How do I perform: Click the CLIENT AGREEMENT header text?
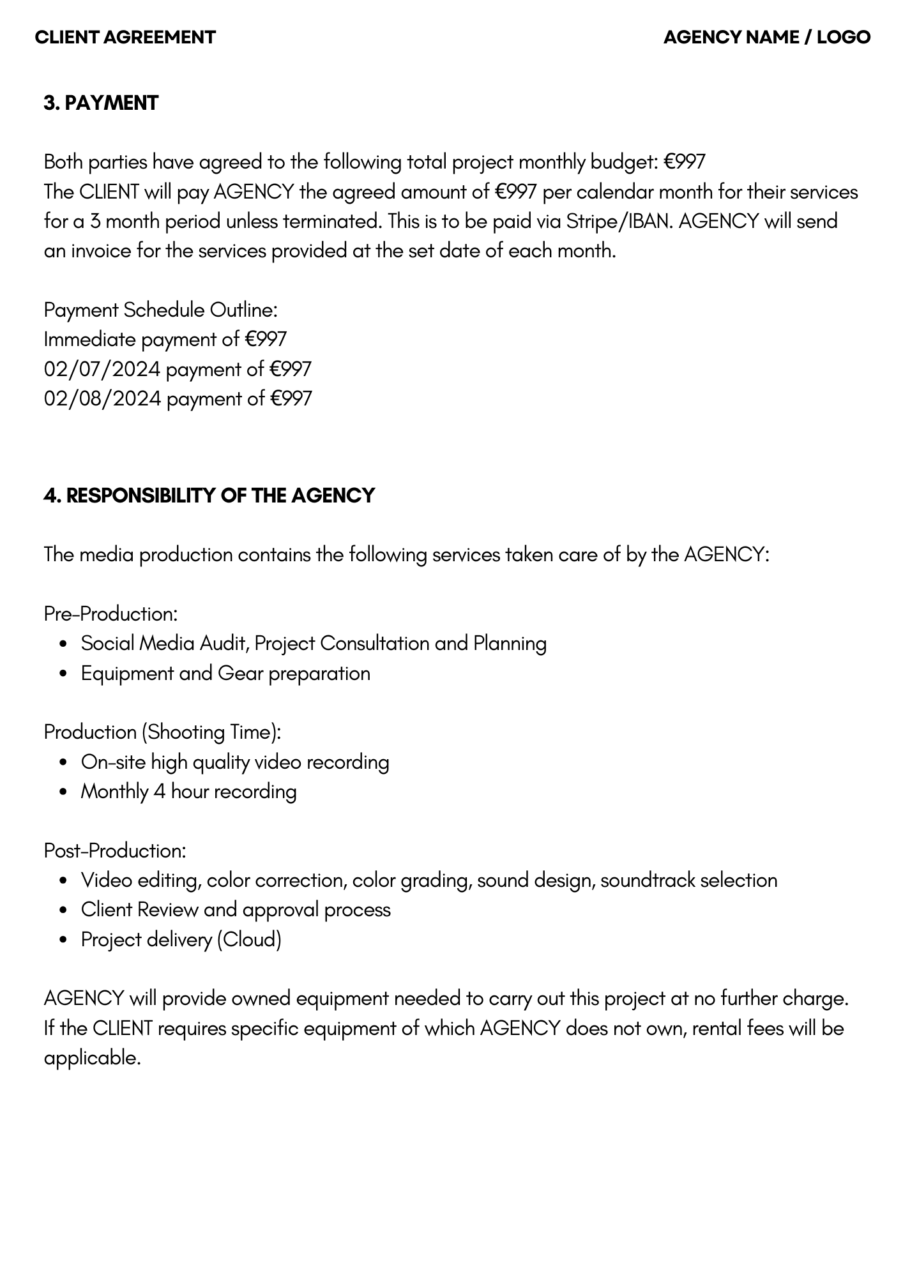[125, 37]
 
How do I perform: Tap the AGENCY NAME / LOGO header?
[766, 37]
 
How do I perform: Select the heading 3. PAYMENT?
[101, 103]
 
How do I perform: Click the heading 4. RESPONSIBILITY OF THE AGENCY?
[209, 495]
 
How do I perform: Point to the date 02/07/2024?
[102, 369]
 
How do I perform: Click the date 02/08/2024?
[102, 398]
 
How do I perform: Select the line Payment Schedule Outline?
[160, 310]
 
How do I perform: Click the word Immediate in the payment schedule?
[89, 339]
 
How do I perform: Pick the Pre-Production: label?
[110, 614]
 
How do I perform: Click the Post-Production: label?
[115, 850]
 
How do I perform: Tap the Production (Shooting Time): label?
[162, 732]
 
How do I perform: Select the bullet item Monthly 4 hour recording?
[188, 792]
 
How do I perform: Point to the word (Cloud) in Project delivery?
[249, 939]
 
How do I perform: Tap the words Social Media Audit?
[163, 643]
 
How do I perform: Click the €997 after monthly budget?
[684, 162]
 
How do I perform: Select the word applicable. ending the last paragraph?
[92, 1058]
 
